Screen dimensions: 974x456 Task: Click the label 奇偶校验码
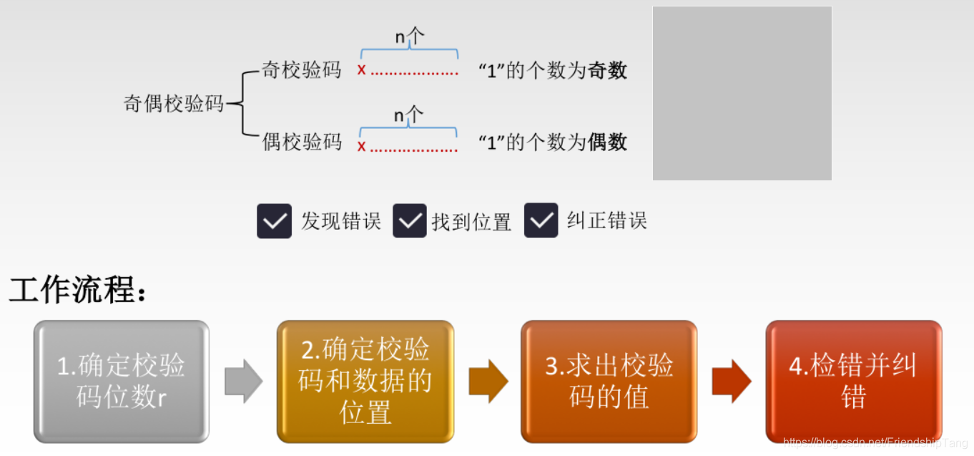(x=174, y=104)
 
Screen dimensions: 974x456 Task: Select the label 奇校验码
(x=302, y=70)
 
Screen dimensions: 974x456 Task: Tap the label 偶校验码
(x=302, y=142)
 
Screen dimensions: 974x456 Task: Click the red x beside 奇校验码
(x=362, y=70)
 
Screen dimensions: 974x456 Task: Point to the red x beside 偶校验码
(x=362, y=147)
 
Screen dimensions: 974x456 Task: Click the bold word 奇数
(x=607, y=70)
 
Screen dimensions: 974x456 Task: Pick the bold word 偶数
(x=607, y=142)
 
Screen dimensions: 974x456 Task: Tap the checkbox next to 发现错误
(x=275, y=220)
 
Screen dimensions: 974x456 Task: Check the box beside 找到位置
(x=410, y=220)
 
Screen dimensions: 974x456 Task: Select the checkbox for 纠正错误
(x=541, y=220)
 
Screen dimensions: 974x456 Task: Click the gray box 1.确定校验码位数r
(x=122, y=381)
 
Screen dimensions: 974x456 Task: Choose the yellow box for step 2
(x=365, y=381)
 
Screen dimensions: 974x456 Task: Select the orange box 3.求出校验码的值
(x=609, y=381)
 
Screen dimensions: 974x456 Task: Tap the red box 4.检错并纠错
(x=853, y=381)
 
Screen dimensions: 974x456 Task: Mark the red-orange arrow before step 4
(x=732, y=382)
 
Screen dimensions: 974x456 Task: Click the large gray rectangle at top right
(x=742, y=93)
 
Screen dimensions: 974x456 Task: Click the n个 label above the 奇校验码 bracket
(x=409, y=37)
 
